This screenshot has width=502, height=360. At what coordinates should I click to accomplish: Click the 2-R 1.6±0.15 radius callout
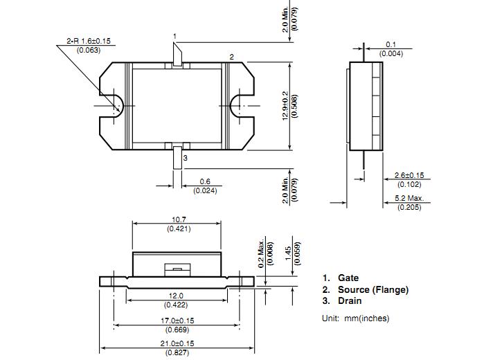pyautogui.click(x=89, y=41)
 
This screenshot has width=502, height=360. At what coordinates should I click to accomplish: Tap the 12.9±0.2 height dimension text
pyautogui.click(x=285, y=106)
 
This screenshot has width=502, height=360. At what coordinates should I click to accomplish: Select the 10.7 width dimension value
pyautogui.click(x=179, y=219)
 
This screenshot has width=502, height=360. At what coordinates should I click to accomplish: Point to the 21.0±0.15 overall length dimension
pyautogui.click(x=177, y=343)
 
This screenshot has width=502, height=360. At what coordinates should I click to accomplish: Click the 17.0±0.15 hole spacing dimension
pyautogui.click(x=177, y=321)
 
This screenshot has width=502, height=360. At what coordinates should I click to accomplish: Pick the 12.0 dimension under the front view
pyautogui.click(x=176, y=296)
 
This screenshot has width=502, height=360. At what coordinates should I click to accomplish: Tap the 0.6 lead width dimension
pyautogui.click(x=205, y=181)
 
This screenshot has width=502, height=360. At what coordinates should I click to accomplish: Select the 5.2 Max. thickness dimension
pyautogui.click(x=409, y=198)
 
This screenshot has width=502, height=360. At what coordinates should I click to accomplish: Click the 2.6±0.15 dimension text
pyautogui.click(x=409, y=175)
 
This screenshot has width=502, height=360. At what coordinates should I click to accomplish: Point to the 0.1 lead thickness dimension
pyautogui.click(x=391, y=44)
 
